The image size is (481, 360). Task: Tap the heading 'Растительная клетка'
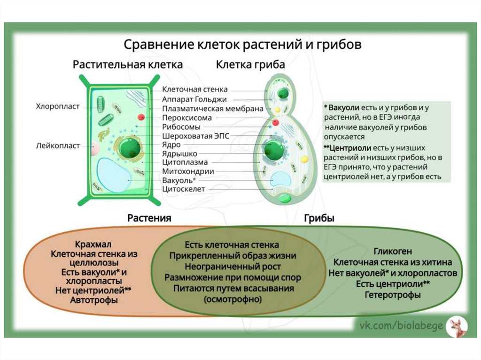pyautogui.click(x=128, y=64)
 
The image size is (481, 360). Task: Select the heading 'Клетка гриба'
pyautogui.click(x=250, y=64)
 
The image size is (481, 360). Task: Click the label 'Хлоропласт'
pyautogui.click(x=58, y=107)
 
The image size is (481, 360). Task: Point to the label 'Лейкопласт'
pyautogui.click(x=58, y=146)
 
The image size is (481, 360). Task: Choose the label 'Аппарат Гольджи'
pyautogui.click(x=194, y=99)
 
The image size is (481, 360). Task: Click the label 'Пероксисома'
pyautogui.click(x=187, y=118)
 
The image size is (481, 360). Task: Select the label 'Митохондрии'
pyautogui.click(x=188, y=171)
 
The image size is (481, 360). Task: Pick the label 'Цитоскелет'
pyautogui.click(x=183, y=189)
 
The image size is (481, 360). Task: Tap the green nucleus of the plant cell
pyautogui.click(x=129, y=148)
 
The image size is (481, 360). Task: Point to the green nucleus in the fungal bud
pyautogui.click(x=282, y=93)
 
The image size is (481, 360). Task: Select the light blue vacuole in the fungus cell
pyautogui.click(x=280, y=179)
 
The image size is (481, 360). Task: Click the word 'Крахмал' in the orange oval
pyautogui.click(x=93, y=245)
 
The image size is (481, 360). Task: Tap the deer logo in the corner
pyautogui.click(x=456, y=326)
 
